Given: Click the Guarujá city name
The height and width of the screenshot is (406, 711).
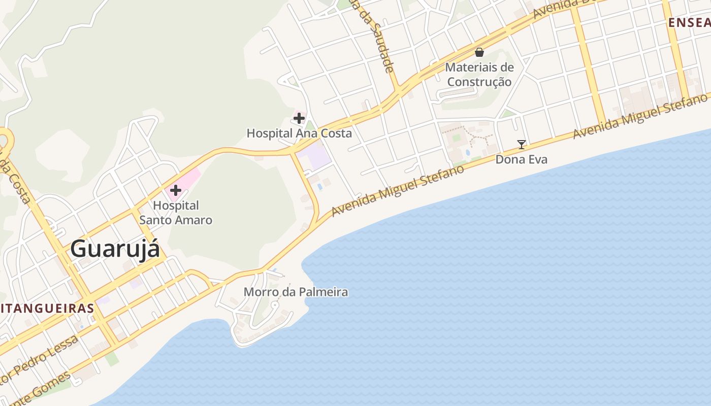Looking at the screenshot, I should [x=115, y=249].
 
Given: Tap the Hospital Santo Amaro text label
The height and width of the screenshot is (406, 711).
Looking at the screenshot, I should [x=176, y=213].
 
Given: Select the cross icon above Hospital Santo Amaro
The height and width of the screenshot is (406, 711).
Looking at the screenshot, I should [x=176, y=190].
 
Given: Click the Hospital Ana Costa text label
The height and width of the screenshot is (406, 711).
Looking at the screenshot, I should [x=299, y=133].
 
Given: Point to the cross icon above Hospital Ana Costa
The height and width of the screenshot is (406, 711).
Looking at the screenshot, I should [x=299, y=118].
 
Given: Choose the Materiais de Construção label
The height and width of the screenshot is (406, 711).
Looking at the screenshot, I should [x=479, y=74].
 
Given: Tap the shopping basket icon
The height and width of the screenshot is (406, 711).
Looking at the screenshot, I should [x=479, y=52].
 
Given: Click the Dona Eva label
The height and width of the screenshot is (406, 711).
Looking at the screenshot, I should [x=522, y=159].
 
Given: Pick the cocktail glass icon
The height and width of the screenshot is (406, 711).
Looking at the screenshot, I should [x=522, y=145].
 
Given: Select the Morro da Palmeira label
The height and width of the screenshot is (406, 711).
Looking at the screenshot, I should [x=296, y=292].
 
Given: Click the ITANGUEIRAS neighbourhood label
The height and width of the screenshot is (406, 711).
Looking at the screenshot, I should [x=47, y=308].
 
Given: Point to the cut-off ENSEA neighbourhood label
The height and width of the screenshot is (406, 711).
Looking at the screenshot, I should [x=689, y=22].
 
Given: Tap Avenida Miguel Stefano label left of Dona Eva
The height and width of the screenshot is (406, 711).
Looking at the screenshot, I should [x=398, y=189].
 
